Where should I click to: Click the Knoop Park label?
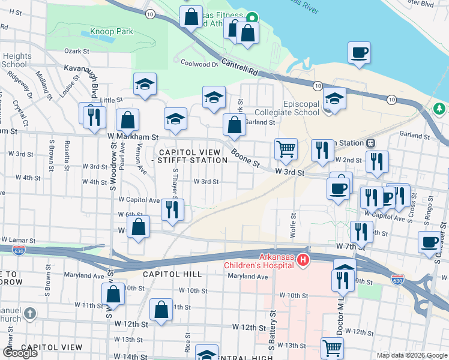click(x=111, y=31)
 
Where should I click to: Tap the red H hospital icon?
click(x=304, y=260)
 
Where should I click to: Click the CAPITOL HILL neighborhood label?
click(x=166, y=274)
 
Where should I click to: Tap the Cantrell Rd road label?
click(x=240, y=66)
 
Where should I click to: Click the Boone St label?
click(x=246, y=158)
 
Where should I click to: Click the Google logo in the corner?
click(x=19, y=352)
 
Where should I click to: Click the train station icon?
click(x=371, y=143)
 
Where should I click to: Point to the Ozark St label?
click(x=76, y=52)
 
